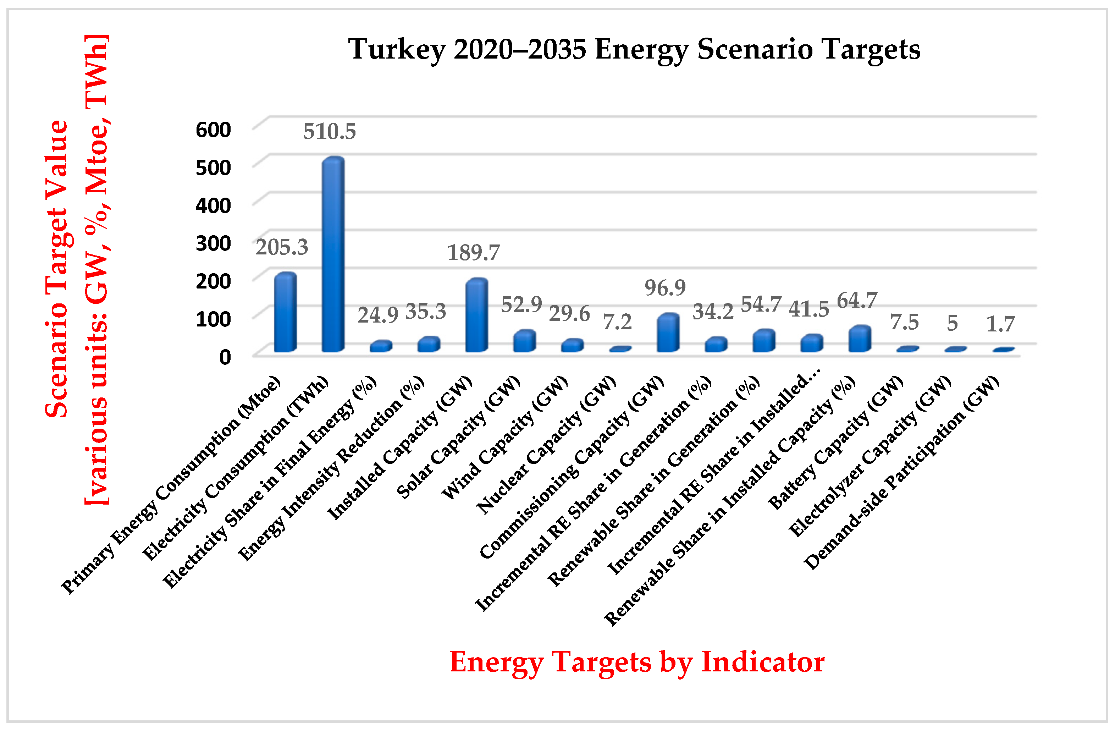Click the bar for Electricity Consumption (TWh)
[x=333, y=255]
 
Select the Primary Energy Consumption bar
[x=285, y=313]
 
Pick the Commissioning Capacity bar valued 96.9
[x=668, y=333]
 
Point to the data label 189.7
[x=473, y=253]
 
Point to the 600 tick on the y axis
[x=213, y=130]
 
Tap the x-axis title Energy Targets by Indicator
[x=637, y=662]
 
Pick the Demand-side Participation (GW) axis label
[x=902, y=473]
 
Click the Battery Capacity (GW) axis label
[x=836, y=443]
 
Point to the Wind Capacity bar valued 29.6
[x=572, y=345]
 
